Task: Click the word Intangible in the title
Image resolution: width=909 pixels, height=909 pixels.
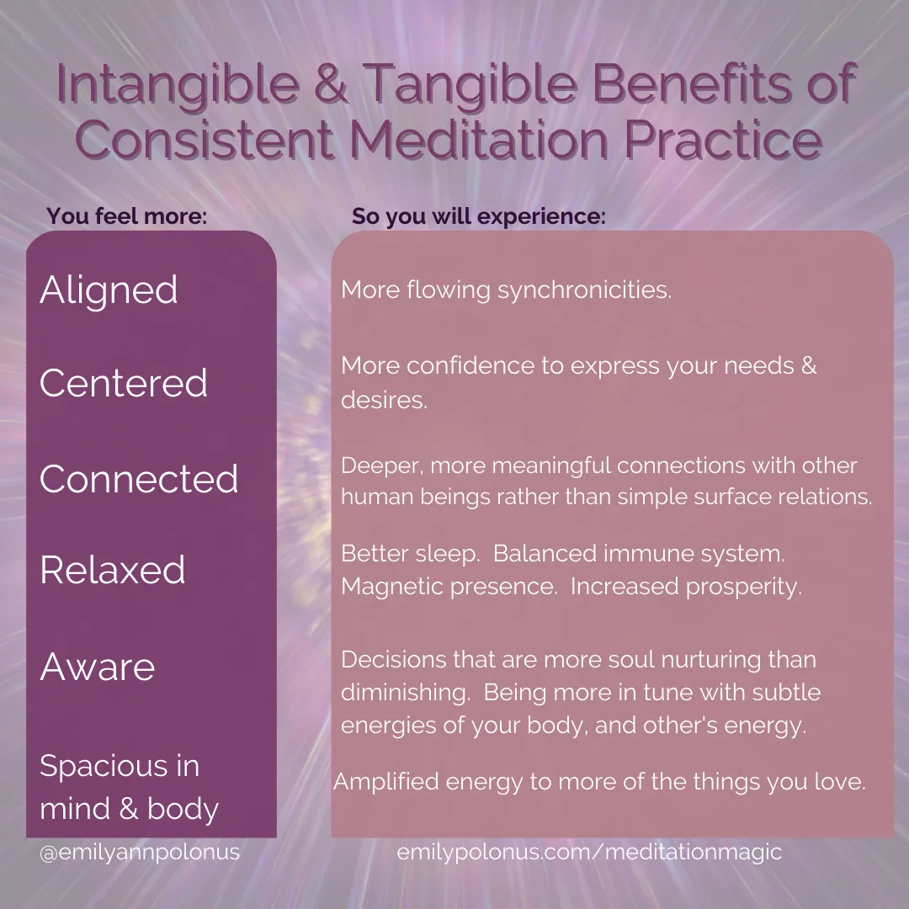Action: tap(178, 86)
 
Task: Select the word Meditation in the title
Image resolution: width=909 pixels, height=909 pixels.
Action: tap(479, 140)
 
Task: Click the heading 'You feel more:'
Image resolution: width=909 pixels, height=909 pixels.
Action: tap(127, 215)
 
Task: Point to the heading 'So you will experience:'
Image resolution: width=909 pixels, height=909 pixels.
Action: tap(479, 216)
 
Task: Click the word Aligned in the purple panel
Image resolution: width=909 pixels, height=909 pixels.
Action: tap(109, 290)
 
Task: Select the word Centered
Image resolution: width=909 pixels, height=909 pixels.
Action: tap(124, 383)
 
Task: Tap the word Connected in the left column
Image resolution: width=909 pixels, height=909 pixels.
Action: tap(139, 479)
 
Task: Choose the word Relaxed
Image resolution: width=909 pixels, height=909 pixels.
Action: tap(113, 569)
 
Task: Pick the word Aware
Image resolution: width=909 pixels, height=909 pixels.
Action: tap(98, 667)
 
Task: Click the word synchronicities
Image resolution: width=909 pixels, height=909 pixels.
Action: tap(585, 290)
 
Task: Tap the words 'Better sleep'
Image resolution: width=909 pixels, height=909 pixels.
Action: tap(411, 554)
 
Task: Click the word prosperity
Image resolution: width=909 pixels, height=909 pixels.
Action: tap(744, 587)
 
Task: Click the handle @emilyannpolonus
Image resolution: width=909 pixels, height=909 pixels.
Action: tap(140, 852)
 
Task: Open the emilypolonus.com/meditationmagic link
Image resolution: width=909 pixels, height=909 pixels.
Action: tap(589, 852)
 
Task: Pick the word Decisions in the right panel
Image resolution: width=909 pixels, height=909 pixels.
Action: tap(394, 660)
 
